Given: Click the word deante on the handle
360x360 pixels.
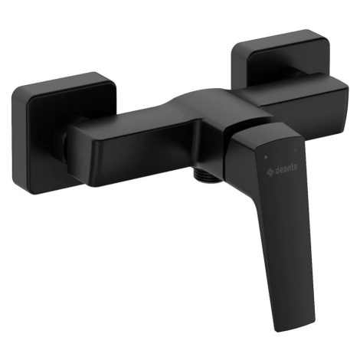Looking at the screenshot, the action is pos(286,169).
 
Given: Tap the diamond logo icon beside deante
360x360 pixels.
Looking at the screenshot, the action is pos(270,172).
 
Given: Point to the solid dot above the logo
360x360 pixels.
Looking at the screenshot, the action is pos(266,157).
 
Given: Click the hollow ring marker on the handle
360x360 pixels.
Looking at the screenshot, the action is pos(296,151).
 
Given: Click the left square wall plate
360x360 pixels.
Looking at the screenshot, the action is pos(64,133).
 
